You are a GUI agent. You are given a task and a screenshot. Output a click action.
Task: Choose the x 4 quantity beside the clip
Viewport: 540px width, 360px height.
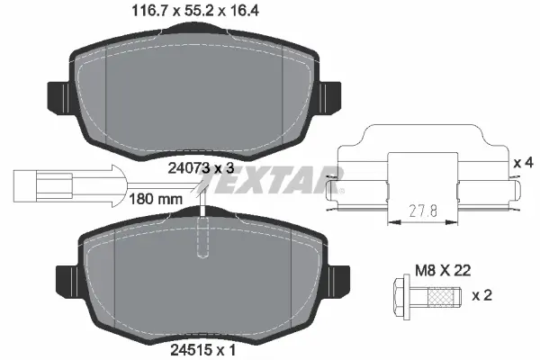click(523, 163)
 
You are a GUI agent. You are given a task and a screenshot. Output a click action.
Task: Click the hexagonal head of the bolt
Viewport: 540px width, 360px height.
click(402, 293)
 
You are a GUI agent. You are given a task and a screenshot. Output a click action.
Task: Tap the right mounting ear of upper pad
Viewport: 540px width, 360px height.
click(330, 94)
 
